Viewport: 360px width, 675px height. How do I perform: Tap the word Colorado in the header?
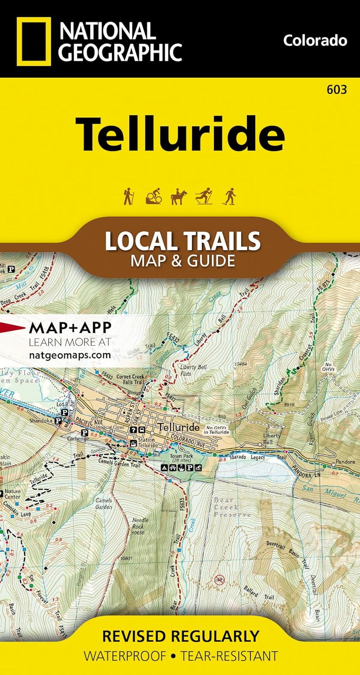click(x=315, y=40)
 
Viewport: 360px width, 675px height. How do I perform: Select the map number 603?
click(x=337, y=90)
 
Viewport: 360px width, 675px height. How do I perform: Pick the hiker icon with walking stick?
click(x=129, y=197)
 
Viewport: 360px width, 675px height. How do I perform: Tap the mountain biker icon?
click(x=153, y=197)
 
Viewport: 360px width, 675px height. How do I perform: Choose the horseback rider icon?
click(x=178, y=197)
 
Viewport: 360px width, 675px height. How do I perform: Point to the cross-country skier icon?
click(x=204, y=197)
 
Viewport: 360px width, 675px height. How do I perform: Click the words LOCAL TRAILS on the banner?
click(x=183, y=241)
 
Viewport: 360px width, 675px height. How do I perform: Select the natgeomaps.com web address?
click(x=69, y=355)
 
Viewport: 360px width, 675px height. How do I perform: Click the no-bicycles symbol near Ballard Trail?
click(x=219, y=579)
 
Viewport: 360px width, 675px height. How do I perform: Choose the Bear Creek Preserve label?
click(x=232, y=507)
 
